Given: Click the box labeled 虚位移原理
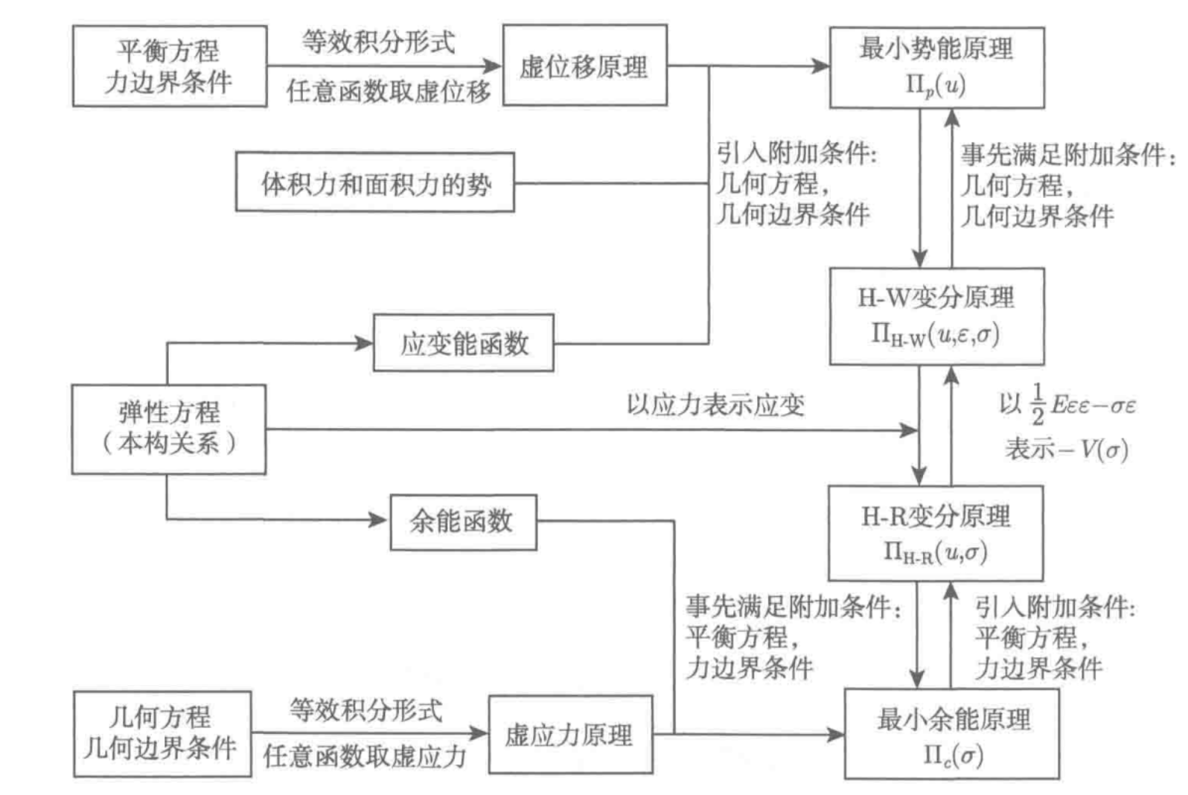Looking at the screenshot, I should click(x=584, y=66).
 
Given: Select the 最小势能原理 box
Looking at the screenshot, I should click(x=936, y=67).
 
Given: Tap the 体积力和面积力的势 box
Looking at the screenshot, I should click(x=375, y=183).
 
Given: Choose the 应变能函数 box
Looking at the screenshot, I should click(x=464, y=343).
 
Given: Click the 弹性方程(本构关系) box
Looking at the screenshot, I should click(x=169, y=429).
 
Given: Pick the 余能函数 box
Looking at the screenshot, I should click(x=463, y=522).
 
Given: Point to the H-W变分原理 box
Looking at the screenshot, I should click(x=936, y=316).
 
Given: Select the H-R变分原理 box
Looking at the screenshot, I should click(x=936, y=533).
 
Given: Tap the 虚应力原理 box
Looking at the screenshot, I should click(x=570, y=735).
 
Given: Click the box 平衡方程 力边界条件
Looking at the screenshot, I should click(x=170, y=66).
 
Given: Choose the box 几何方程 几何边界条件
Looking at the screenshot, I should click(x=162, y=734).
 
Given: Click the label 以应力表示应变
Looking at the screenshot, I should click(x=715, y=405).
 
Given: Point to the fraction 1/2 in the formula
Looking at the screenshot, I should click(x=1038, y=404).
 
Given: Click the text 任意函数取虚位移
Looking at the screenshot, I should click(x=389, y=92).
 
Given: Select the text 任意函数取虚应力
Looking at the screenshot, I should click(x=365, y=756).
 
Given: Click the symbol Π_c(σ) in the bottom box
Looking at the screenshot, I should click(x=953, y=755).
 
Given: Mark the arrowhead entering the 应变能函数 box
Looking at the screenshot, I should click(x=365, y=343).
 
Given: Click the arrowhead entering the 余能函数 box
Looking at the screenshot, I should click(x=380, y=520).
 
